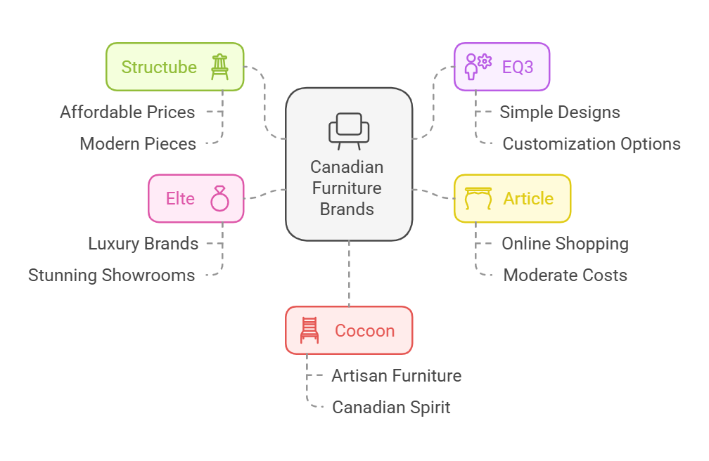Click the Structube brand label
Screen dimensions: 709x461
point(159,67)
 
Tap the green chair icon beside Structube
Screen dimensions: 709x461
point(219,67)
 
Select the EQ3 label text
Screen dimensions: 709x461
point(518,67)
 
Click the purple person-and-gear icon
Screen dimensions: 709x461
point(478,67)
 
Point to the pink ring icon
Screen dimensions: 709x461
point(219,198)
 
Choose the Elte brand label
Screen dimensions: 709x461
point(180,198)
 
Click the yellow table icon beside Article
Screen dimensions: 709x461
point(478,198)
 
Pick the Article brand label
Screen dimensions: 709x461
point(529,198)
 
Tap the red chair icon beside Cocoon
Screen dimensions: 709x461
point(309,330)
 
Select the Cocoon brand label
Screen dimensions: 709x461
point(365,331)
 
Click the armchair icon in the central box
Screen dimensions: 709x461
point(349,131)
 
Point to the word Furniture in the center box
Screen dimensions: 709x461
point(347,188)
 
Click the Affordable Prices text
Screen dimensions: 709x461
point(127,112)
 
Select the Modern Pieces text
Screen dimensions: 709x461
point(138,144)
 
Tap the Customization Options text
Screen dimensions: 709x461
point(592,144)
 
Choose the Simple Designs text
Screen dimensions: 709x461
point(560,112)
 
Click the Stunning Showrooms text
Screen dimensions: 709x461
point(112,275)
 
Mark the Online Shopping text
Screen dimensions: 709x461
point(566,244)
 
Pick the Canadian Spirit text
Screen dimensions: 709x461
point(391,407)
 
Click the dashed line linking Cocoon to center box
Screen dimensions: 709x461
point(349,273)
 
